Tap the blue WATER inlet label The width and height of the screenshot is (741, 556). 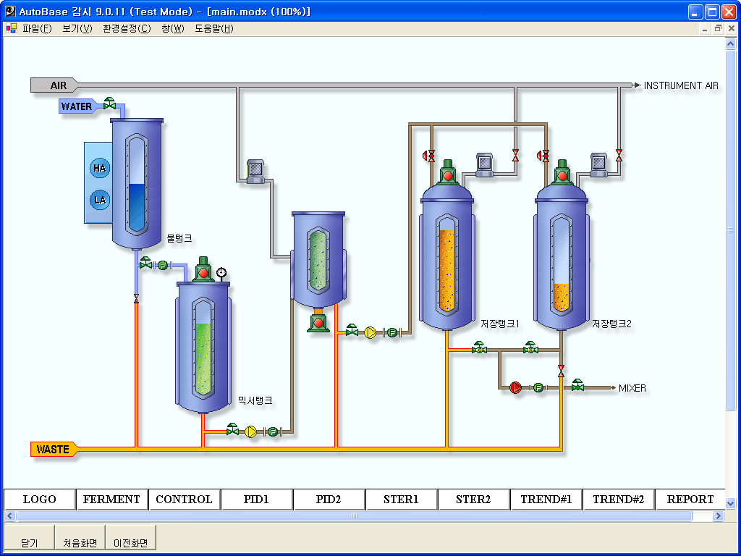(x=76, y=106)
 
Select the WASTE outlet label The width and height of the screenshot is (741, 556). (x=54, y=450)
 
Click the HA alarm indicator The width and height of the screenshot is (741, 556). (x=100, y=168)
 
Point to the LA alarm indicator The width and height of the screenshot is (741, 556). (x=100, y=200)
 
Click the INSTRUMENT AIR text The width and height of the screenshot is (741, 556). (x=681, y=85)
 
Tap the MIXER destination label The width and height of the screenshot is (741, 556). (x=632, y=388)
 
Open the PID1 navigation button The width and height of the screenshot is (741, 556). (x=256, y=499)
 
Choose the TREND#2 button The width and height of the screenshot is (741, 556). (x=618, y=499)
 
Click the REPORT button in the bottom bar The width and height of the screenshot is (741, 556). (x=690, y=499)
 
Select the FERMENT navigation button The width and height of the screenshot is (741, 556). (x=111, y=499)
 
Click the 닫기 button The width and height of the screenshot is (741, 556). (x=30, y=542)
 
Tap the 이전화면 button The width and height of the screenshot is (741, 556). (x=130, y=542)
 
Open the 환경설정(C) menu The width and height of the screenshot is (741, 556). (x=127, y=29)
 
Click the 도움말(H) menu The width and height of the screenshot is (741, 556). (x=213, y=29)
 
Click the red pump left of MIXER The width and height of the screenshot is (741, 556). (x=515, y=388)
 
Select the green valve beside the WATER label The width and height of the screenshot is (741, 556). (x=109, y=104)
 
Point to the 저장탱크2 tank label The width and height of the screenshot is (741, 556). (x=611, y=324)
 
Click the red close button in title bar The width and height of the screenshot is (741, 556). (x=728, y=12)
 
